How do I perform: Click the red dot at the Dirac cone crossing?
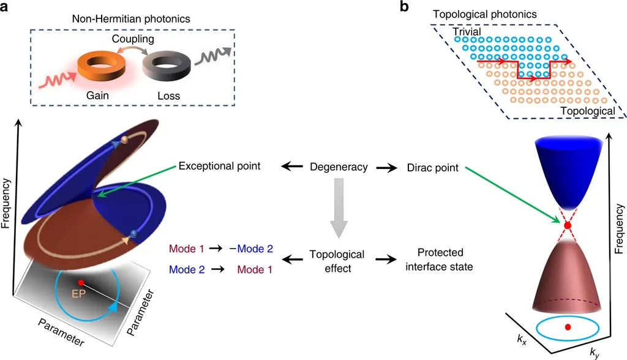click(x=568, y=225)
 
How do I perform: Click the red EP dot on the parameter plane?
click(x=81, y=282)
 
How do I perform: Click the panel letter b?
click(x=403, y=8)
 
